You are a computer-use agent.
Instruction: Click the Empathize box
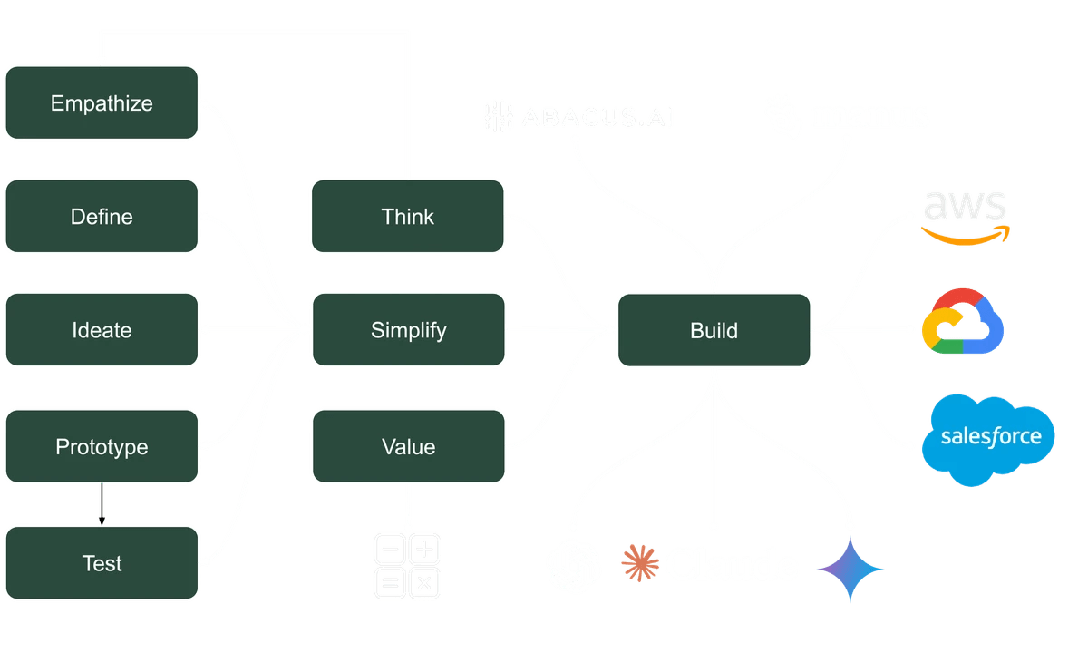102,102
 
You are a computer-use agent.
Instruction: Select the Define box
102,217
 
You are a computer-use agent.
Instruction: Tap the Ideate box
102,330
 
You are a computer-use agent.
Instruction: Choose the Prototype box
102,446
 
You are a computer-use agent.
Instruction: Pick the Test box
102,563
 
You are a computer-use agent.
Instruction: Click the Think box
407,217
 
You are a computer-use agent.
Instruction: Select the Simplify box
407,330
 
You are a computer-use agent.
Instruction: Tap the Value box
407,446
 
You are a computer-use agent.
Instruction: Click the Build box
714,330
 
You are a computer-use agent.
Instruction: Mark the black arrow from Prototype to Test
102,504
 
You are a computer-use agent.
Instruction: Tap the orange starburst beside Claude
639,563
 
